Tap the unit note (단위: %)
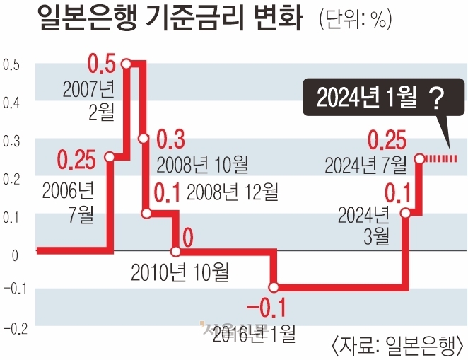click(354, 21)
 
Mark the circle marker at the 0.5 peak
click(127, 64)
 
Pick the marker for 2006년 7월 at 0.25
click(110, 157)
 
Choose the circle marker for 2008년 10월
click(144, 139)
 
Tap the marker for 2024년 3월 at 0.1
click(405, 212)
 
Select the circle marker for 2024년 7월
click(419, 159)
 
